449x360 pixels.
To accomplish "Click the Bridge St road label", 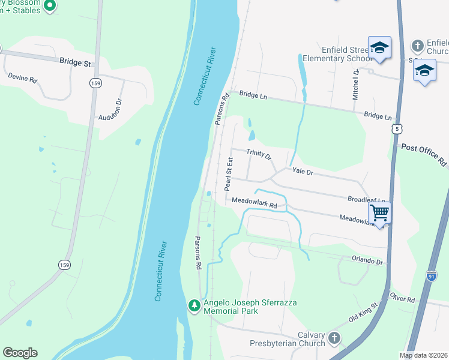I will click(x=74, y=61).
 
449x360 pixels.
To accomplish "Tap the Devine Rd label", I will click(x=22, y=77).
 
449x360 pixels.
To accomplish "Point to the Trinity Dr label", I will click(x=259, y=154).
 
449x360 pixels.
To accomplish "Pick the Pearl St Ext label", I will click(x=229, y=175).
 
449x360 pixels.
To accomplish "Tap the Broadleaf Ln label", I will click(x=366, y=199).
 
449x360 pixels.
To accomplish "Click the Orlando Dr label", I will click(x=367, y=261).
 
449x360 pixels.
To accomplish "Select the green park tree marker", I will click(x=194, y=305).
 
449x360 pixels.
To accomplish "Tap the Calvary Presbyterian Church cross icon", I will click(x=334, y=339).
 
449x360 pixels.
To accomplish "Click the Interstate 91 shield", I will click(x=432, y=275).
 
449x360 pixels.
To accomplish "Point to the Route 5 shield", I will click(x=396, y=128).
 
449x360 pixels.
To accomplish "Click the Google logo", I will click(x=20, y=353).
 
